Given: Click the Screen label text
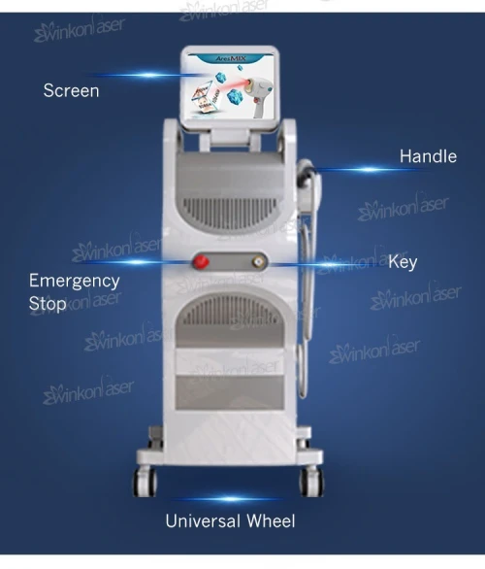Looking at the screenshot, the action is tap(71, 90).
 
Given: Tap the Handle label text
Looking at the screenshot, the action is tap(428, 156).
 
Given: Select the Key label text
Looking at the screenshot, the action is tap(403, 262).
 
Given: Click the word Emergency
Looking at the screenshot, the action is tap(75, 282).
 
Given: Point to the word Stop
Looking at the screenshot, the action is tap(48, 303).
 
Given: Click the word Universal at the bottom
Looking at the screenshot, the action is tap(203, 521).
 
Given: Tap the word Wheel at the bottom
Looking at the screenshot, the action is tap(272, 521).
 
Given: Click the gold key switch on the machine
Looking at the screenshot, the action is tap(258, 261).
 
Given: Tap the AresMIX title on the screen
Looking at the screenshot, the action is tap(231, 58).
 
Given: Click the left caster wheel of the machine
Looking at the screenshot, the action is tap(145, 482).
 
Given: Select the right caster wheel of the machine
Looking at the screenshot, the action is tap(311, 482).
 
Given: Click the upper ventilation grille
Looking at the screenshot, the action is tap(231, 213).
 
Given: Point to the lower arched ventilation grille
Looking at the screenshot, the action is tap(231, 311).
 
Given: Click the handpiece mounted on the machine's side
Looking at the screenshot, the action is tap(309, 183).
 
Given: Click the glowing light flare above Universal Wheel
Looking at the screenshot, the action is tap(231, 499).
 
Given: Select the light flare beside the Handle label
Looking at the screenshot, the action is tap(369, 170).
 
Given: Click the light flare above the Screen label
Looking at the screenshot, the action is tap(148, 75).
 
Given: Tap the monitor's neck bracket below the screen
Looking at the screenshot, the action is tap(231, 138).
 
